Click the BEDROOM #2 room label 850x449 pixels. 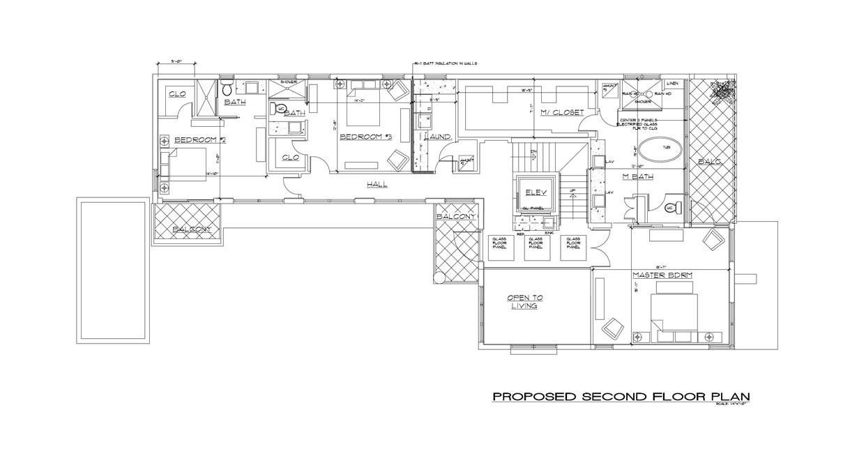coord(200,140)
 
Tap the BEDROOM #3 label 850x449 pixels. coord(365,137)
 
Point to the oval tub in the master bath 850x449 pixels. coord(660,149)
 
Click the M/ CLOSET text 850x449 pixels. coord(562,112)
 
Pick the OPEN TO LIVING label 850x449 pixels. coord(526,301)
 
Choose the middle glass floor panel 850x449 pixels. coord(536,243)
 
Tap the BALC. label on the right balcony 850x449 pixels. coord(711,162)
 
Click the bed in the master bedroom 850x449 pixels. coord(673,312)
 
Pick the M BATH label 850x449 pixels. coord(638,177)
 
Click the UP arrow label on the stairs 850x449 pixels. coord(572,191)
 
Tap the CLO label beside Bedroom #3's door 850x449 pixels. coord(291,158)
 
